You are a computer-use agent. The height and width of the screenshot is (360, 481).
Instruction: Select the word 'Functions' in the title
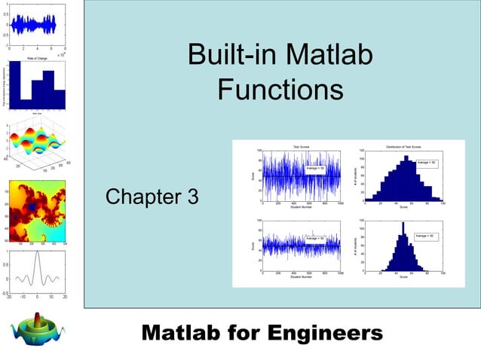pyautogui.click(x=280, y=90)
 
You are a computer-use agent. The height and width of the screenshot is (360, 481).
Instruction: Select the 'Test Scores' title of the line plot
pyautogui.click(x=301, y=146)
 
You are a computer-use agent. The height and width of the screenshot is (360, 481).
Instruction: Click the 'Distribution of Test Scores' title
pyautogui.click(x=403, y=146)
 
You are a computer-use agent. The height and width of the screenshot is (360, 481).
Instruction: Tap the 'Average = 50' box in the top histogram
pyautogui.click(x=427, y=163)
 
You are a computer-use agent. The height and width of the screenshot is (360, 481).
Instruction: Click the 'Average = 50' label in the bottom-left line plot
pyautogui.click(x=314, y=238)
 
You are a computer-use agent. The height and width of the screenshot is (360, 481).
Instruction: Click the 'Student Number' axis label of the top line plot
pyautogui.click(x=301, y=208)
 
